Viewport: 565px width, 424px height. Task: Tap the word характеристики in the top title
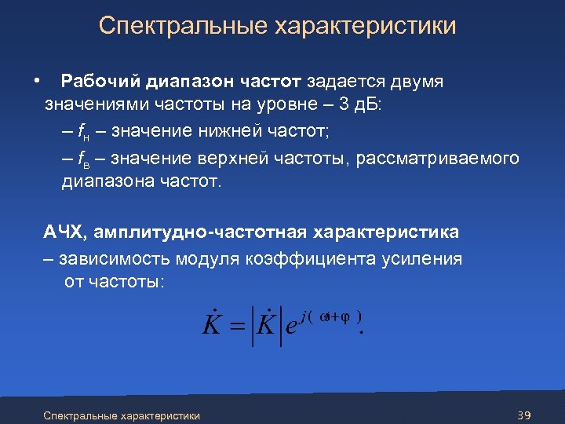pos(365,26)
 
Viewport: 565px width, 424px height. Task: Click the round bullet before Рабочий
pos(37,82)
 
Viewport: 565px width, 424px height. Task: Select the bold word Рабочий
pos(102,82)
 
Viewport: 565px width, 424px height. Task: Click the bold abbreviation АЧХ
pos(67,232)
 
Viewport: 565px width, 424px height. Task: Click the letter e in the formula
pos(291,327)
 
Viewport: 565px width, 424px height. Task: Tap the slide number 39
pos(525,415)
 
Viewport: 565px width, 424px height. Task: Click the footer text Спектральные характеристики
pos(122,415)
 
